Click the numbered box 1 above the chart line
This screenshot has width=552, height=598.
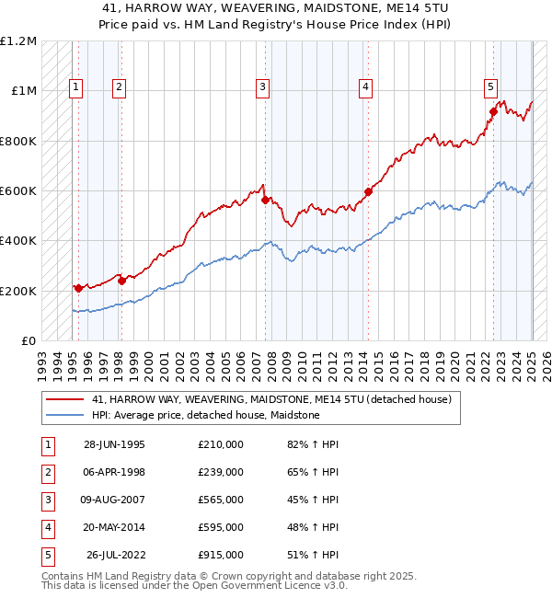pyautogui.click(x=75, y=87)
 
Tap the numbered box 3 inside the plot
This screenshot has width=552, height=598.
pyautogui.click(x=262, y=87)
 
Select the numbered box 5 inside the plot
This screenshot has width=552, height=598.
pyautogui.click(x=490, y=87)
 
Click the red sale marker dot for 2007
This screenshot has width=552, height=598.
pyautogui.click(x=265, y=200)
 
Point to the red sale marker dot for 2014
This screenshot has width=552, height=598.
pyautogui.click(x=368, y=192)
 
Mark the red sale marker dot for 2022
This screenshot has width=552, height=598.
pyautogui.click(x=493, y=112)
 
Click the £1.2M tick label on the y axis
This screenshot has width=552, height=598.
pyautogui.click(x=18, y=41)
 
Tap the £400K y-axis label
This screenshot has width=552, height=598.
pyautogui.click(x=18, y=241)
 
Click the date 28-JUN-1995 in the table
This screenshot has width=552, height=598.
pyautogui.click(x=114, y=444)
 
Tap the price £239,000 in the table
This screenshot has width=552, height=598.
pyautogui.click(x=220, y=472)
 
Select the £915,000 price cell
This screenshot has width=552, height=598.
pyautogui.click(x=220, y=555)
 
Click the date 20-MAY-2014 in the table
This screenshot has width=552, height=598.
pyautogui.click(x=114, y=527)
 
